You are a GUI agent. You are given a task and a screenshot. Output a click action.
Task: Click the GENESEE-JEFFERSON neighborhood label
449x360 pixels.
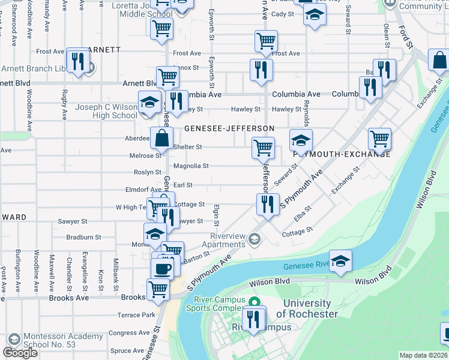[x=229, y=128]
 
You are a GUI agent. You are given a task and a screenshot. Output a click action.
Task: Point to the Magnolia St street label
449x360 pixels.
[x=191, y=166]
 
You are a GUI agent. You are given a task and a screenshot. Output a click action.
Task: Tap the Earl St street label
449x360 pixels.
[x=182, y=185]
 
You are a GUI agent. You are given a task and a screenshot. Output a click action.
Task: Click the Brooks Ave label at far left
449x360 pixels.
[x=68, y=298]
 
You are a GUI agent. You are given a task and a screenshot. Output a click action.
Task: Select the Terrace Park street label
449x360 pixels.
[x=136, y=315]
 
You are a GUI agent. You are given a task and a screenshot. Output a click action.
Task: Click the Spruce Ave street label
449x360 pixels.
[x=127, y=351]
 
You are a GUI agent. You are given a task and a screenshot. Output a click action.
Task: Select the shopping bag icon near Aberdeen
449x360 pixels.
[x=161, y=139]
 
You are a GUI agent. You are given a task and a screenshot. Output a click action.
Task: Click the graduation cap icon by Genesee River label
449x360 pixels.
[x=340, y=261]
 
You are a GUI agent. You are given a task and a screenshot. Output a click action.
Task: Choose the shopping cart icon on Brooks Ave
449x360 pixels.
[x=158, y=289]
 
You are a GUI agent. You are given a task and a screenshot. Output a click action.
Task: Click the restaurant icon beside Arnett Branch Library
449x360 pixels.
[x=77, y=61]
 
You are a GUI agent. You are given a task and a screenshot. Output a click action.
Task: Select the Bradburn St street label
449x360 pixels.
[x=83, y=238]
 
